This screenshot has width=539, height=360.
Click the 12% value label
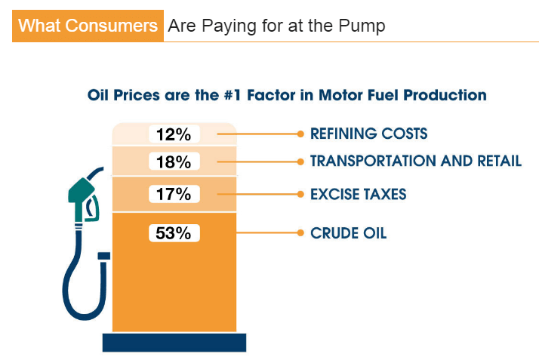point(174,134)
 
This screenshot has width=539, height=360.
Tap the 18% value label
point(174,162)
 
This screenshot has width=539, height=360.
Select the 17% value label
point(174,194)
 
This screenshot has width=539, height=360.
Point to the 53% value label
point(174,233)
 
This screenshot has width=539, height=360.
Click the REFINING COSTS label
point(369,134)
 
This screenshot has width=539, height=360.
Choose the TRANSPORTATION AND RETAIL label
point(416,161)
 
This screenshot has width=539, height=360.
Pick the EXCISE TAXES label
point(358,195)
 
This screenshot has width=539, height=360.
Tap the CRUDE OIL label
point(349,233)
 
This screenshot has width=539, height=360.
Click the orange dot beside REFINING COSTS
point(300,134)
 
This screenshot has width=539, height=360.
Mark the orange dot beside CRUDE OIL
point(300,233)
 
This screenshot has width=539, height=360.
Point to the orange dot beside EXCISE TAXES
point(300,194)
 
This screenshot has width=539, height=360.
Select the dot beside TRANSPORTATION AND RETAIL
point(300,162)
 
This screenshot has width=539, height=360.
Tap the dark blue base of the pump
point(174,343)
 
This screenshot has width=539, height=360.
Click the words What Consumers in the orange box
point(88,26)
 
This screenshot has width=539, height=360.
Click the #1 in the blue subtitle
point(233,95)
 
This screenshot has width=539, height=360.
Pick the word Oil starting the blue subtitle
point(98,95)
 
